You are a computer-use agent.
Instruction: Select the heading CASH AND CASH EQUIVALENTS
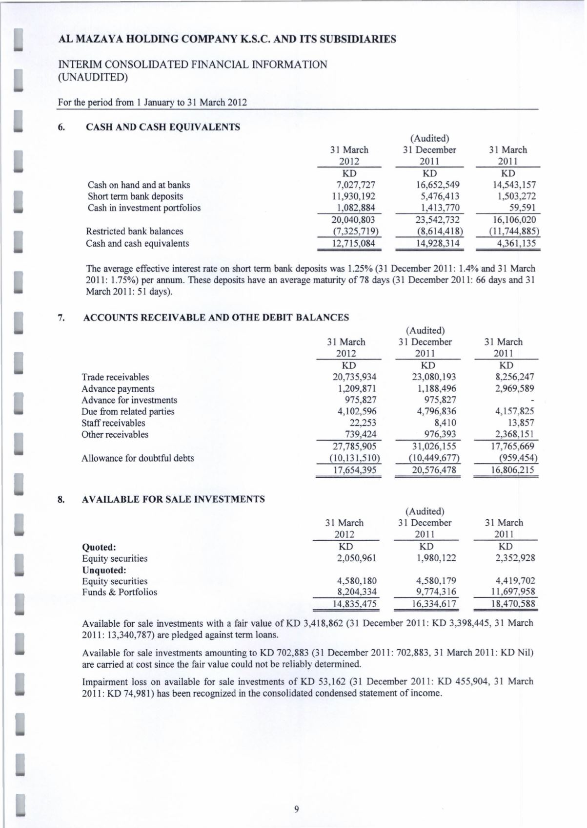[162, 127]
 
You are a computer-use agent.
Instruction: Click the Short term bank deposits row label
[135, 196]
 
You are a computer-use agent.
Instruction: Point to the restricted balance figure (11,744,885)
[508, 232]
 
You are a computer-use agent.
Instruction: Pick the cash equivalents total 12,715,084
[353, 243]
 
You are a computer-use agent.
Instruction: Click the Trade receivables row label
[115, 377]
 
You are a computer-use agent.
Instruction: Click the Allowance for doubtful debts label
[138, 458]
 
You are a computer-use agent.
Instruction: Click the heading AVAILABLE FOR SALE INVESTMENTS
[174, 499]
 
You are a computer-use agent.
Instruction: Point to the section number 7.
[61, 318]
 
